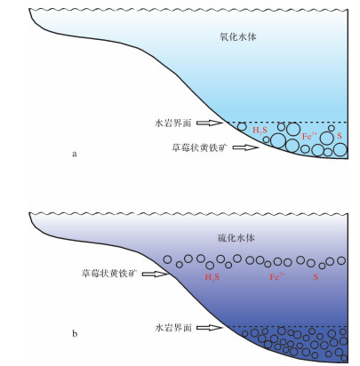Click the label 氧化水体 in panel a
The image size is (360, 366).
238,37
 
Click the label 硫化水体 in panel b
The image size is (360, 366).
236,237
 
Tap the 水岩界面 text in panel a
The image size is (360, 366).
173,123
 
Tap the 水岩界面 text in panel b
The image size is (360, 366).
173,328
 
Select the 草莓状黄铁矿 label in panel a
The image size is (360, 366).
200,147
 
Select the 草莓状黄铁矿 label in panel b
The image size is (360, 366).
109,273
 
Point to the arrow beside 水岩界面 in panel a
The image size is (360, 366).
210,123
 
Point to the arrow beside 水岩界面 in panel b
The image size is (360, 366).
210,328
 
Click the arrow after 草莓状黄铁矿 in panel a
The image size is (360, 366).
245,147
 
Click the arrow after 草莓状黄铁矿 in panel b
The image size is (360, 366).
156,274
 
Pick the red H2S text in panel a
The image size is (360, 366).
260,131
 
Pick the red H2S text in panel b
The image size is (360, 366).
212,277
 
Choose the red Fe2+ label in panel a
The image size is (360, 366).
309,136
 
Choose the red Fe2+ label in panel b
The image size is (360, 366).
277,276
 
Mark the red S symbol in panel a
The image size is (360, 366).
340,136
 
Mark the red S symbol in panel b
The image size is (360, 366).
316,277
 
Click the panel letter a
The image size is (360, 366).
75,154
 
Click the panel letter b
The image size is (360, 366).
75,334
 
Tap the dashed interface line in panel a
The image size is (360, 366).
285,122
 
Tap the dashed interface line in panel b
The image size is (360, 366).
287,326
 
